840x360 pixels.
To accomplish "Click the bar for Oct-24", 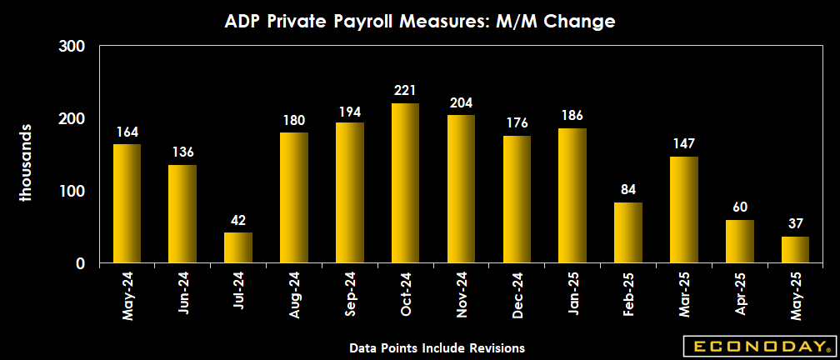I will pos(405,183).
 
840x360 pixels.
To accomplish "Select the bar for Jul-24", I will pos(238,247).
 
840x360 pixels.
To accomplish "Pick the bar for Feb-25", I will pos(628,232).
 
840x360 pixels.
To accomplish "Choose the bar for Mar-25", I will pos(684,210).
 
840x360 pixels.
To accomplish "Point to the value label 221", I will pos(405,90).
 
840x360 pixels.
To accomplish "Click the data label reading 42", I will pos(238,220).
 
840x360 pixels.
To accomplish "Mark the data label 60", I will pos(740,207).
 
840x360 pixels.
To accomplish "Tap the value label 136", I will pos(182,152).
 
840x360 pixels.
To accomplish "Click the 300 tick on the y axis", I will pos(73,46).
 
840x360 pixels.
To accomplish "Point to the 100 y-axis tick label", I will pos(73,191).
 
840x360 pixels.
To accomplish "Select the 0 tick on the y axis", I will pos(81,263).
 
